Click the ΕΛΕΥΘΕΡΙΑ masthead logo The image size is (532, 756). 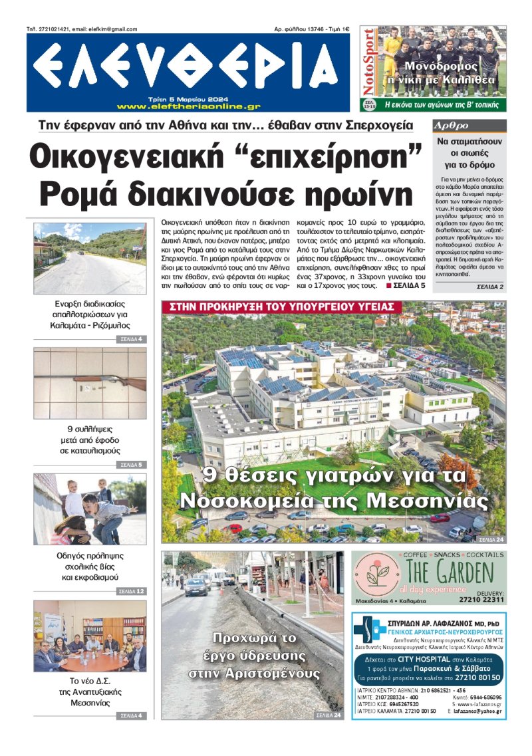[188, 68]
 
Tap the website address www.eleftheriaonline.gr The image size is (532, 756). [188, 106]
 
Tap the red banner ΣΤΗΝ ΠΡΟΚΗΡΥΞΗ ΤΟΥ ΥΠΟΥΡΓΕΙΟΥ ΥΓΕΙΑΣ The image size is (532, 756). [283, 307]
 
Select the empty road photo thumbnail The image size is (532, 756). [90, 258]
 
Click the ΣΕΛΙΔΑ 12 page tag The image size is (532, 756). [131, 591]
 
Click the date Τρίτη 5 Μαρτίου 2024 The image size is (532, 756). [188, 98]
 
